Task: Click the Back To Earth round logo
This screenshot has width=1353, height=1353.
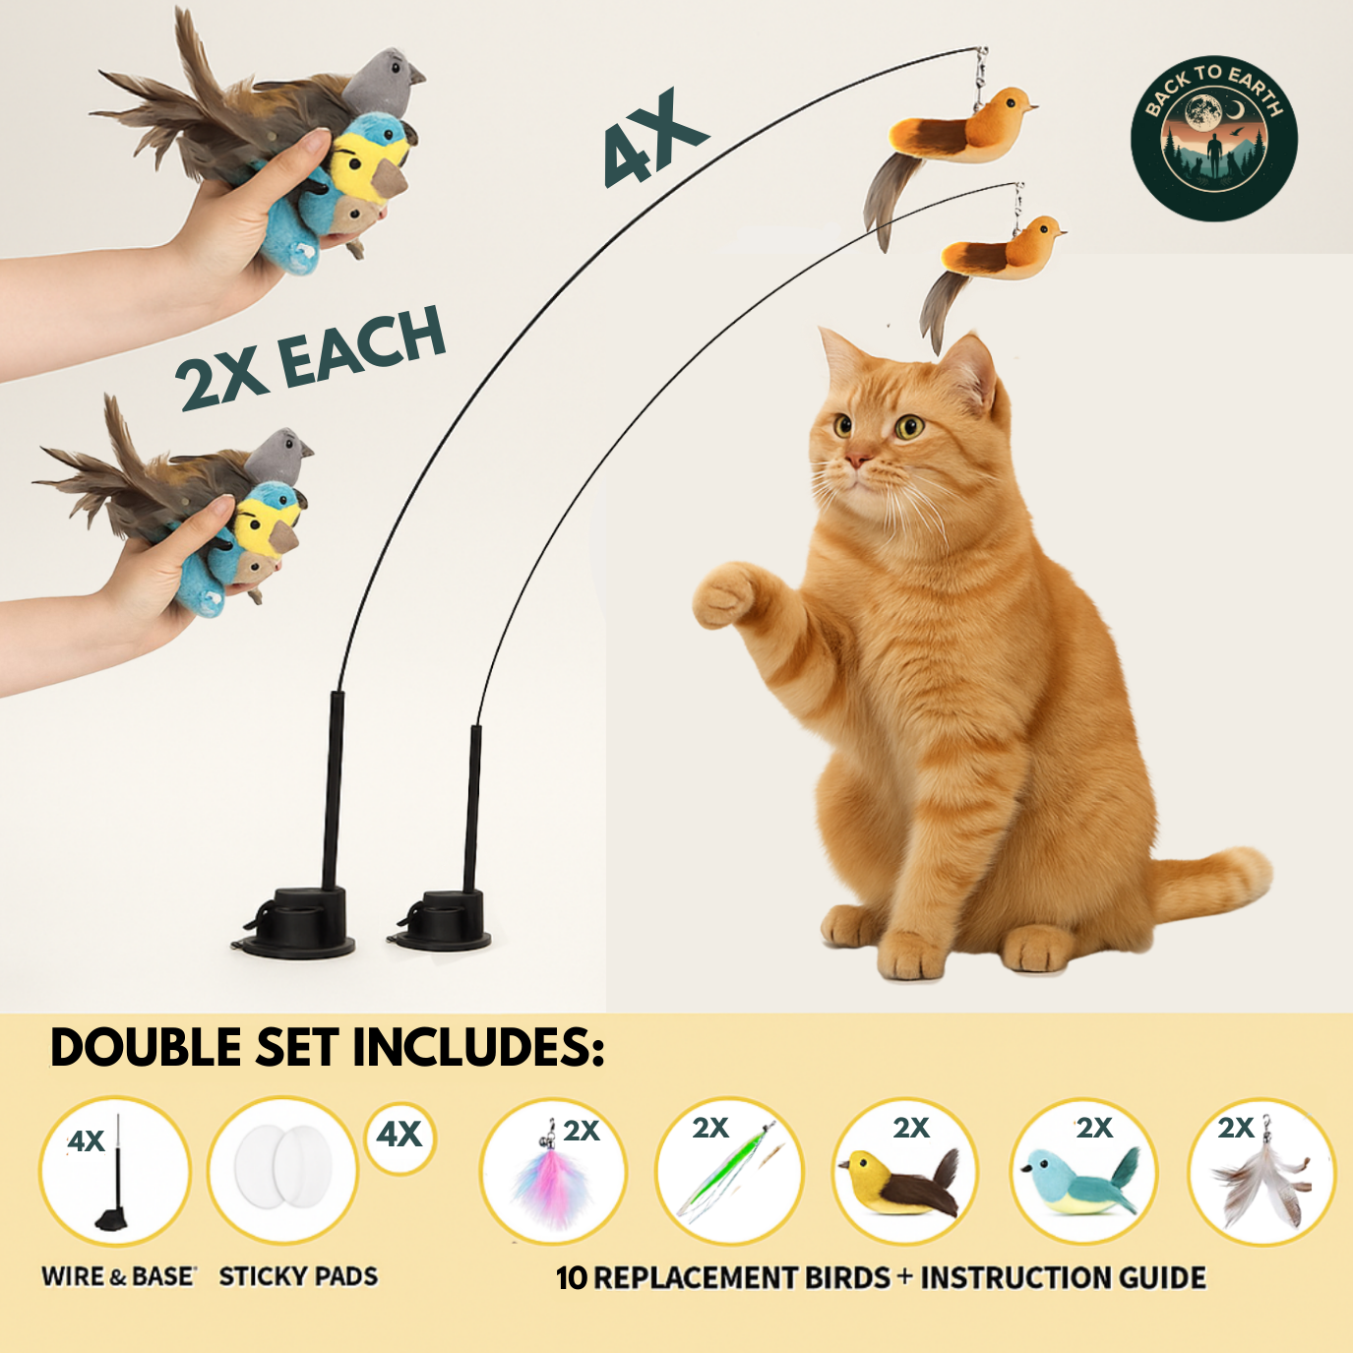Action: pos(1213,138)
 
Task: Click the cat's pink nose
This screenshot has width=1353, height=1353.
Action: pos(857,460)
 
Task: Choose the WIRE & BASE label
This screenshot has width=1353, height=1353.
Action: pos(118,1276)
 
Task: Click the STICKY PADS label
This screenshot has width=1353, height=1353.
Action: pos(298,1276)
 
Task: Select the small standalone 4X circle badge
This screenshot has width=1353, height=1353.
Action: pos(400,1135)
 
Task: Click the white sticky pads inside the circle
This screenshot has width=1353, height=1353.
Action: pos(283,1168)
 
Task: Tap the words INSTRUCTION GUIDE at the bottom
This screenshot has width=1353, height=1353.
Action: pos(1063,1277)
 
